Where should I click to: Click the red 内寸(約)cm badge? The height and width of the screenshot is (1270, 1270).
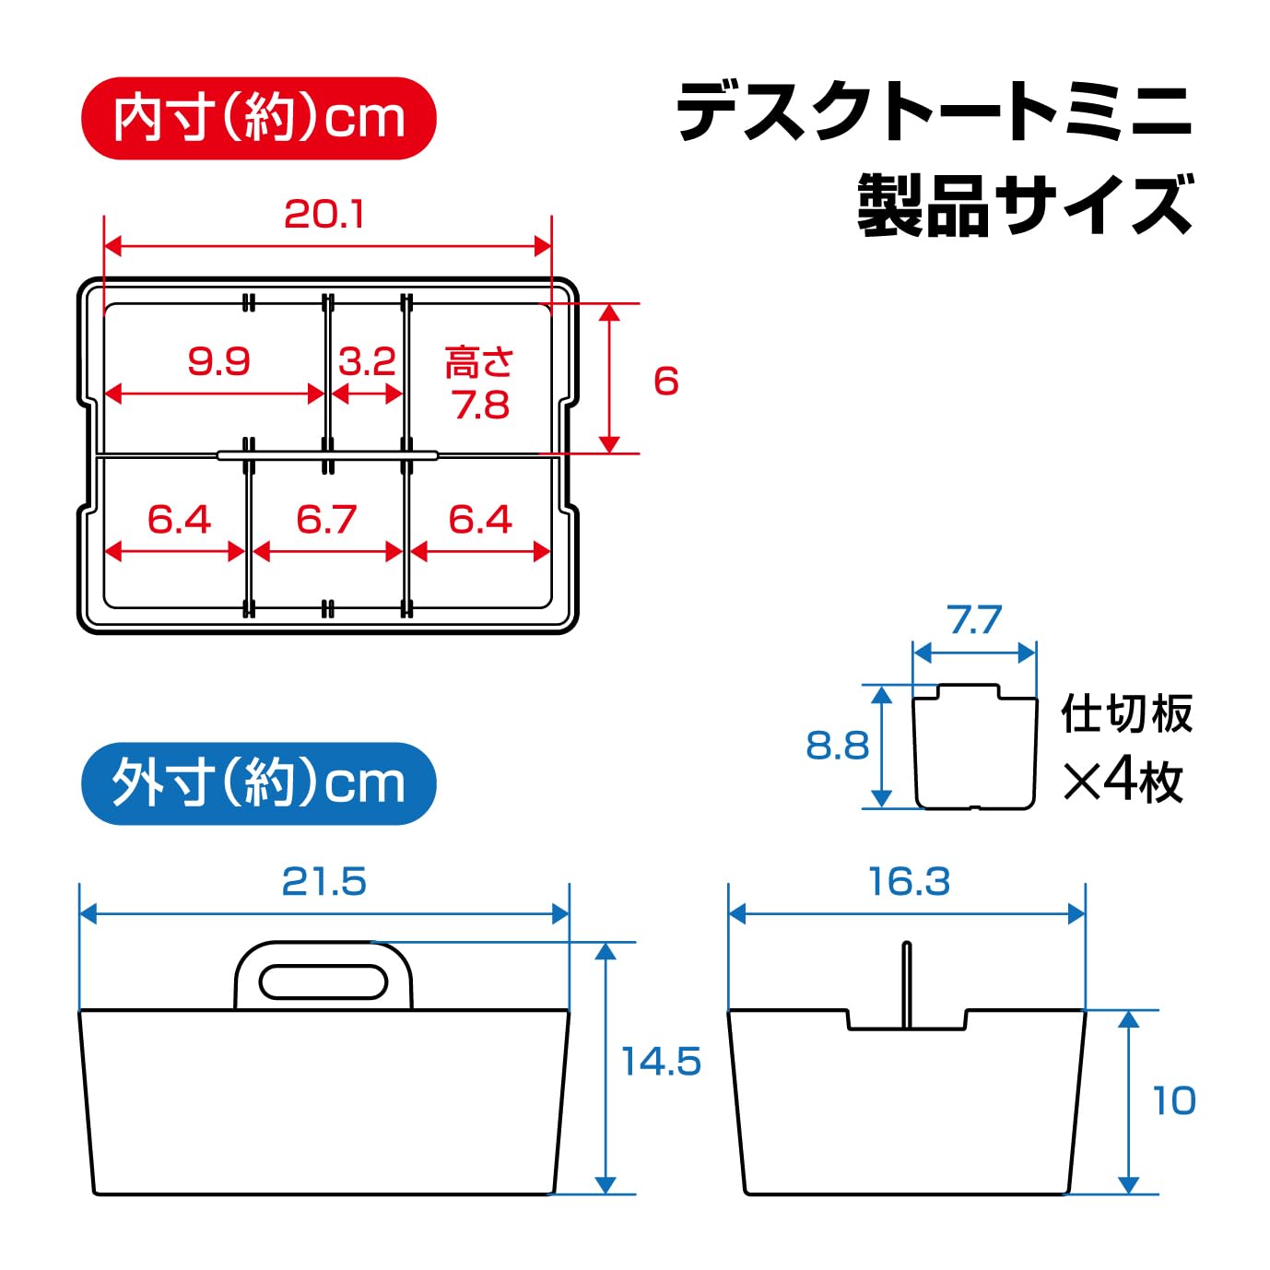click(x=258, y=119)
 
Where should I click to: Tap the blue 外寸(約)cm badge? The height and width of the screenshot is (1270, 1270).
click(x=258, y=783)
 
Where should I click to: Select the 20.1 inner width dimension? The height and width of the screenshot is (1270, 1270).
click(x=323, y=214)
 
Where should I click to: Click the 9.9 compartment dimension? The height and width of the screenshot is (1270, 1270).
click(x=218, y=361)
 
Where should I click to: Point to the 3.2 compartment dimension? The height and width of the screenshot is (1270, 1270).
click(x=367, y=361)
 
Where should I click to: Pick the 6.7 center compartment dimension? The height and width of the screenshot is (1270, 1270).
click(x=326, y=519)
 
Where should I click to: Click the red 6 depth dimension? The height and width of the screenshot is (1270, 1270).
click(x=665, y=381)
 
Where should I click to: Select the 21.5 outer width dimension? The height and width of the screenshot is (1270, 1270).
click(x=323, y=881)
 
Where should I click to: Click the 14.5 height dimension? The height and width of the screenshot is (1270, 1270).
click(x=661, y=1061)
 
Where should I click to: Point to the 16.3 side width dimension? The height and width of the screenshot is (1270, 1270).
click(x=910, y=881)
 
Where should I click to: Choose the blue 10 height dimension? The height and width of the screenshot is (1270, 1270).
click(x=1174, y=1100)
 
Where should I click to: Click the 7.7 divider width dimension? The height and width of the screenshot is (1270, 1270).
click(x=975, y=619)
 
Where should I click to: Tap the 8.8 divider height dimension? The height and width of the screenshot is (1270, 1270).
click(x=837, y=746)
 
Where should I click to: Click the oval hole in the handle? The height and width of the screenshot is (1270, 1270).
click(x=323, y=982)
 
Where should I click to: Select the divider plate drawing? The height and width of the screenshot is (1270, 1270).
click(x=975, y=746)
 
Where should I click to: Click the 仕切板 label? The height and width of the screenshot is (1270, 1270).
click(x=1126, y=713)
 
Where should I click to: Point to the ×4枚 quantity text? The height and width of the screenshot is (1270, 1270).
click(x=1123, y=782)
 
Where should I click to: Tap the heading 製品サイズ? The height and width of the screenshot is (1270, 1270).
click(x=1025, y=205)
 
